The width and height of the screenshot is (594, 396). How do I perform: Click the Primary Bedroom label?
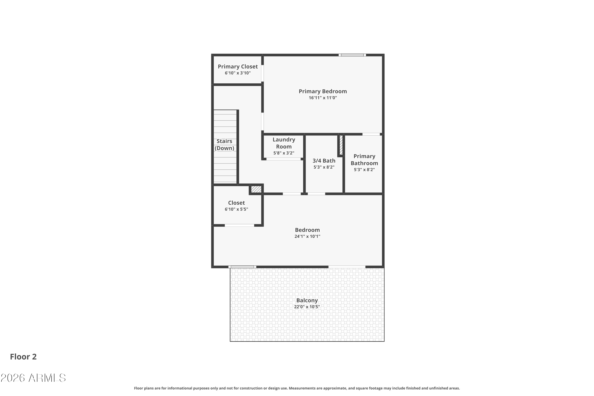click(323, 91)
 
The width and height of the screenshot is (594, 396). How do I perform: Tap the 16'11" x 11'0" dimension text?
click(323, 98)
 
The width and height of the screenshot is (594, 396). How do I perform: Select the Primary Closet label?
click(238, 67)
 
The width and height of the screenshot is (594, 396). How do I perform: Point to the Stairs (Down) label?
click(224, 145)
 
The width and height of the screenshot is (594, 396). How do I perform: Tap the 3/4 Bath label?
click(324, 161)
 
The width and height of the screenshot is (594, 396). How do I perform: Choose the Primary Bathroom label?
click(364, 160)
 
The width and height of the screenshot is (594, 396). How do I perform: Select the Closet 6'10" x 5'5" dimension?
click(236, 209)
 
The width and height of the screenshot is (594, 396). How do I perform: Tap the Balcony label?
click(307, 301)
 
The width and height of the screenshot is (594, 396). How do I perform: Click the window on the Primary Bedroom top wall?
click(352, 55)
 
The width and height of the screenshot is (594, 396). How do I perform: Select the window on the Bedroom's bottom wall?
click(242, 267)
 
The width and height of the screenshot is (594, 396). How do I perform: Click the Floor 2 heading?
click(23, 357)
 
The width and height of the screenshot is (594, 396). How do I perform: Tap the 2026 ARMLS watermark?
click(33, 378)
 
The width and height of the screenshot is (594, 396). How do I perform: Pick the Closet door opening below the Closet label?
click(239, 226)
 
